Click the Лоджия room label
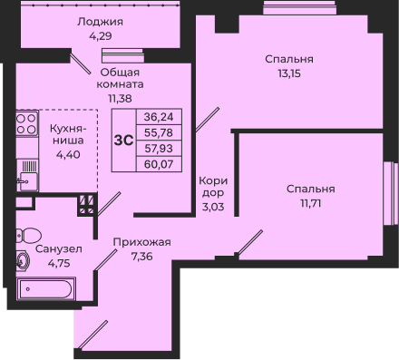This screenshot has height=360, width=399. coord(100,22)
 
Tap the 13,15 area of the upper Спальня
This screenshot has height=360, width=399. coord(289,73)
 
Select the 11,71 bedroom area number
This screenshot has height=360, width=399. coord(310,203)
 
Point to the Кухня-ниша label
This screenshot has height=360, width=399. coord(68,134)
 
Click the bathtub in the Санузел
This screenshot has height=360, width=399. coord(46,289)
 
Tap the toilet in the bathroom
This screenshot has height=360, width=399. coord(29,236)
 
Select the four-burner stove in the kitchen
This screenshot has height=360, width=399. coord(27,122)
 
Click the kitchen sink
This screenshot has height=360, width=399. coord(27,181)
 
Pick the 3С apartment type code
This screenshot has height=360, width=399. coord(124,141)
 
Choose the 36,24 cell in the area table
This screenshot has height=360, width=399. coord(159,117)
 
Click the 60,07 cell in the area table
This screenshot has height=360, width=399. coord(159,164)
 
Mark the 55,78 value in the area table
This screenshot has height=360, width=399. coord(159,132)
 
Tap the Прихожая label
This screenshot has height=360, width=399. coord(142,242)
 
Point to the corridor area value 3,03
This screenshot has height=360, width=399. coord(213,207)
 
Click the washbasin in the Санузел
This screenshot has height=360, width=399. coord(23,260)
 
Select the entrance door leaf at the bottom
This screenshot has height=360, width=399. coord(92,335)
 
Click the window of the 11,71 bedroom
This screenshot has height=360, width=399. coord(390,193)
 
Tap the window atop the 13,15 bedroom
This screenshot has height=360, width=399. coord(299,7)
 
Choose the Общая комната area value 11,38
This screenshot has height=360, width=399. coord(120,99)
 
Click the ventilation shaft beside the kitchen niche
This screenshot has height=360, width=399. coord(87,205)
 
